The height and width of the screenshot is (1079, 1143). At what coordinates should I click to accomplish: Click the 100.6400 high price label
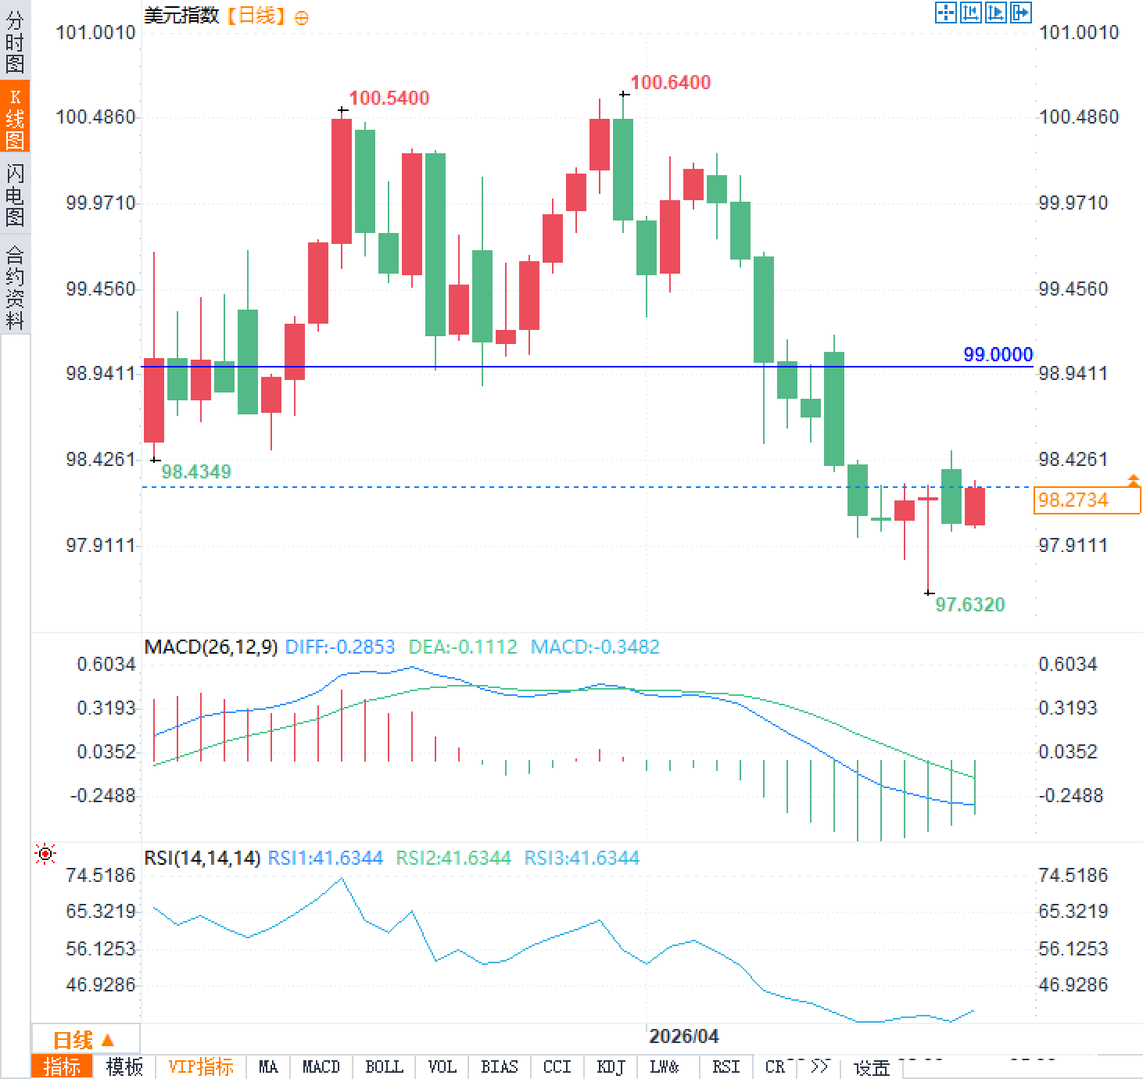(670, 83)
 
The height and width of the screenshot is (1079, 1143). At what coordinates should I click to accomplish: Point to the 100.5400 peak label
(389, 99)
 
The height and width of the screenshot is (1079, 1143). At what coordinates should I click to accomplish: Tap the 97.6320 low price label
(969, 604)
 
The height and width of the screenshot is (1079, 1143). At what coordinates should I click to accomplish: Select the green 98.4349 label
(196, 471)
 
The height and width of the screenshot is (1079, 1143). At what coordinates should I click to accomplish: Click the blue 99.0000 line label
(998, 354)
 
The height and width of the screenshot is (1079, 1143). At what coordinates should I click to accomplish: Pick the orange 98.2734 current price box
(1087, 500)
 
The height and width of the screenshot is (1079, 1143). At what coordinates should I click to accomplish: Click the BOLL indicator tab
(384, 1066)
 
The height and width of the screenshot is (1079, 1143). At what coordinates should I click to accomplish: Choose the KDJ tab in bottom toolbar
(610, 1066)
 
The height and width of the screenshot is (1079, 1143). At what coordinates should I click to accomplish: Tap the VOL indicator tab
(442, 1066)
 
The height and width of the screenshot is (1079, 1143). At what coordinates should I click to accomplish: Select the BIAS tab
(500, 1066)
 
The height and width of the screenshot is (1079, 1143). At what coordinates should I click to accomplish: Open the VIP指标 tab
(201, 1066)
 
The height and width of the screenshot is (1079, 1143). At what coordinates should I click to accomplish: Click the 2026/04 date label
(683, 1036)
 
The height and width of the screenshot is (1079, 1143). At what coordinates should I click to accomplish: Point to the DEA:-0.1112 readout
(463, 647)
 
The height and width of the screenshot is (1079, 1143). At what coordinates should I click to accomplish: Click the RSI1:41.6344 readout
(325, 858)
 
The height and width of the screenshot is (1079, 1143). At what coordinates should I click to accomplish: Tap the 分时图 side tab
(15, 42)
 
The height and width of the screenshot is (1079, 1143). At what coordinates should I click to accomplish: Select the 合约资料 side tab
(15, 287)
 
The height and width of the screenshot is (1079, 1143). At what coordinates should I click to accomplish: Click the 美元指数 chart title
(181, 16)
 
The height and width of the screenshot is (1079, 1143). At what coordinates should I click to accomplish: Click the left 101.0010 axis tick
(95, 32)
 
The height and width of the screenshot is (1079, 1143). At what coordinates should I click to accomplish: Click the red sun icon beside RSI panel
(45, 854)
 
